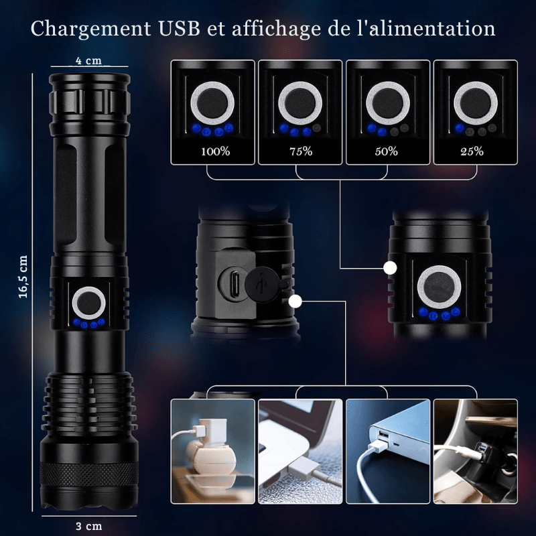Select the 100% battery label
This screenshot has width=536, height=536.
click(x=215, y=151)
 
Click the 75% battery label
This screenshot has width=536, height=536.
click(x=301, y=151)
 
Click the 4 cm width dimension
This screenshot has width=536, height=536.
click(x=88, y=61)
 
